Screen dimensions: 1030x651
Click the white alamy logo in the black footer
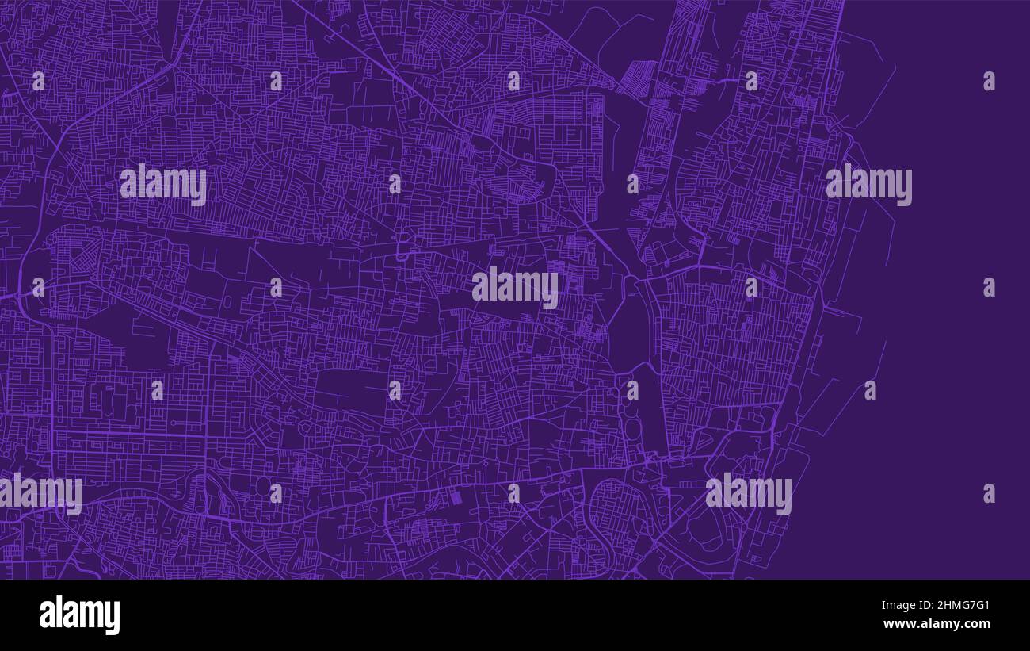coord(79,615)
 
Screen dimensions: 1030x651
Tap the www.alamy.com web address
coord(937,625)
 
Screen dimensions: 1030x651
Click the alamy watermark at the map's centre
coord(515,287)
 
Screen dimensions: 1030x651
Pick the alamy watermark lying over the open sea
coord(868,184)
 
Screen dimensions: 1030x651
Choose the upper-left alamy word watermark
coord(163,184)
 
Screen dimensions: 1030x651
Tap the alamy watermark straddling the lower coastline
coord(748,493)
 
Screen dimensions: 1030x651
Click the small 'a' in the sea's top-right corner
coord(989,81)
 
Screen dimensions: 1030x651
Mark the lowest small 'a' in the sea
coord(989,493)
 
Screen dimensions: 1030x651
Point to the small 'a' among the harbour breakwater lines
coord(870,390)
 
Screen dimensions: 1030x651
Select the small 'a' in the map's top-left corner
coord(38,81)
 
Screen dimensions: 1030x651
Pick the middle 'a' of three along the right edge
coord(989,287)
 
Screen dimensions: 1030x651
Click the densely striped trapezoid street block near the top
coord(635,79)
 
